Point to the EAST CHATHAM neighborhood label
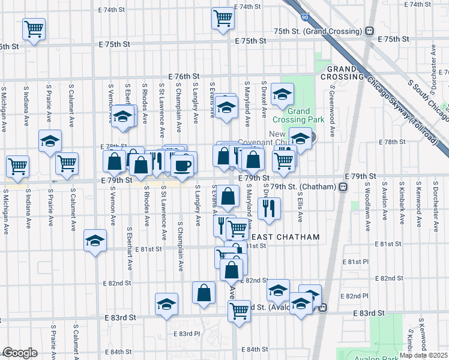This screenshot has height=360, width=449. (x=285, y=237)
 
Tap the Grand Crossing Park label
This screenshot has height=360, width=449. (x=298, y=115)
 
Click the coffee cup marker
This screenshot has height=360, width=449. (x=182, y=165)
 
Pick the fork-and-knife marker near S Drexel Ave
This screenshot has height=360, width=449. (x=268, y=208)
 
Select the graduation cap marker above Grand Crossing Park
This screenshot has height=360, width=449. (x=282, y=94)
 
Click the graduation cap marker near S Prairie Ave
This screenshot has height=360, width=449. (x=50, y=141)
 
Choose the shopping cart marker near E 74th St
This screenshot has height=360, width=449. (x=223, y=18)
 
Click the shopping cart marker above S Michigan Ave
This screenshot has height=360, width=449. (x=17, y=166)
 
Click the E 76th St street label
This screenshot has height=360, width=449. (x=183, y=76)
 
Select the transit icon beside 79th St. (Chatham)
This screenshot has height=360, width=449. (x=343, y=187)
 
